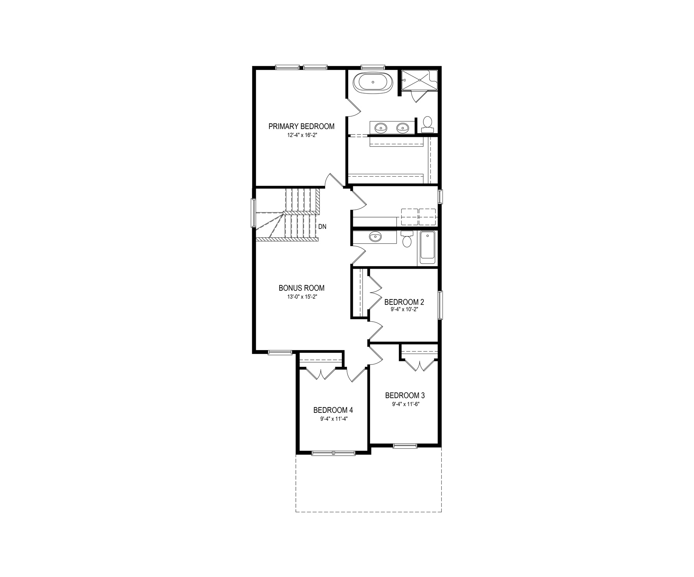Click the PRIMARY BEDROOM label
(301, 126)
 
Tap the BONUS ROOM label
(301, 288)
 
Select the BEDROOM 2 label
(404, 302)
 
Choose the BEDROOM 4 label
(333, 410)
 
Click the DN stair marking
(322, 227)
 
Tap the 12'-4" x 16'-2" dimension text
(301, 135)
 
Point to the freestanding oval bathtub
(373, 83)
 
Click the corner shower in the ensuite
(420, 80)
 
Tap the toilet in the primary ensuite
(428, 123)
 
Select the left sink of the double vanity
(380, 127)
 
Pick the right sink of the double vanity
(402, 127)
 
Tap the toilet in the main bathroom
(407, 239)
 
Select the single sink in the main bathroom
(375, 237)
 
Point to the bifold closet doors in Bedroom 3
(420, 365)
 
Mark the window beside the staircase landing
(253, 213)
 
